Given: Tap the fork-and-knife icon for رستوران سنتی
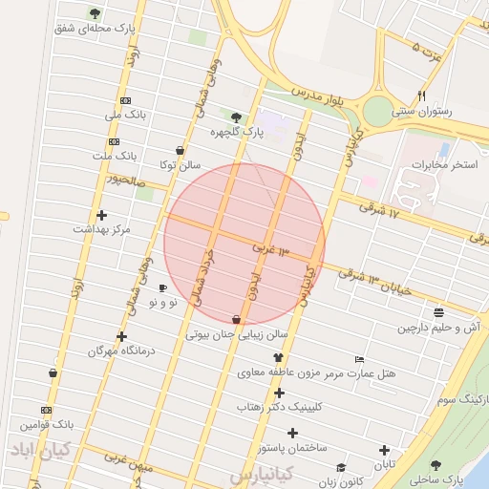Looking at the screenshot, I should pos(421,96).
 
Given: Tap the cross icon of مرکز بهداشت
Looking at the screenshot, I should pos(101,215).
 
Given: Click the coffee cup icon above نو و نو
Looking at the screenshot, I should pos(162,287).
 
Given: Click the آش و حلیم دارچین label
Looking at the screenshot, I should pos(438,328).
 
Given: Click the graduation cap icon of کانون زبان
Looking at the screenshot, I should pos(341,467).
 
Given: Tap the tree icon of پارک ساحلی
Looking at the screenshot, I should pos(436,465).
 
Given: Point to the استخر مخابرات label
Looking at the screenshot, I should pos(442,165).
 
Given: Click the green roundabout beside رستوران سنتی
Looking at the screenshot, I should pos(378,109).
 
